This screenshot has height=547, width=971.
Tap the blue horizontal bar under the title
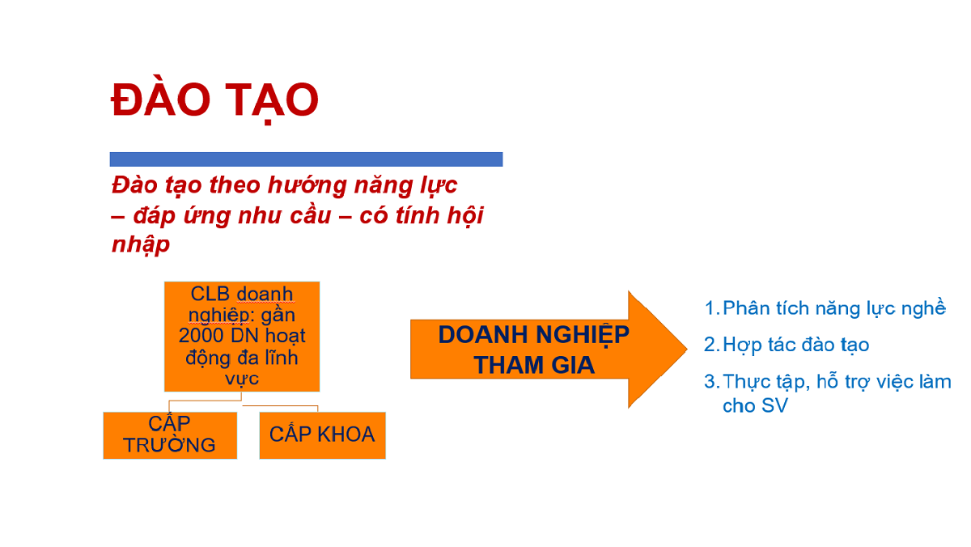[306, 159]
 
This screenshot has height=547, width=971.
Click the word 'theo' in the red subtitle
[235, 185]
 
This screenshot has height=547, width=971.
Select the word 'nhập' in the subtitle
[141, 244]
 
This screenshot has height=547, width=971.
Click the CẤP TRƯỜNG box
[170, 435]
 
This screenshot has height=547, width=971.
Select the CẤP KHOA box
[323, 435]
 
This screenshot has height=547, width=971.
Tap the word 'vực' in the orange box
[242, 378]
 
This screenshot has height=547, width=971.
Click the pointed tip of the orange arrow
[687, 349]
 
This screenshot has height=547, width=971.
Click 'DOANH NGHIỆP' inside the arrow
[533, 335]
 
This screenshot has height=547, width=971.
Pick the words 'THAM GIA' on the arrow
[533, 365]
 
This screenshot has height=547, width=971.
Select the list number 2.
[712, 345]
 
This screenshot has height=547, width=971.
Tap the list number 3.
[712, 381]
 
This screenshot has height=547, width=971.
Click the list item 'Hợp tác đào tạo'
[796, 346]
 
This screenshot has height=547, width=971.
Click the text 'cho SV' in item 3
[755, 405]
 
